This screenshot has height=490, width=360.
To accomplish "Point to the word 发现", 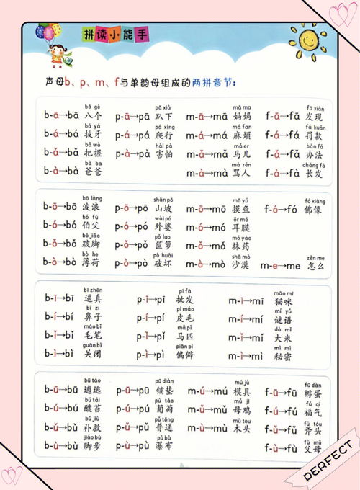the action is [x=314, y=116].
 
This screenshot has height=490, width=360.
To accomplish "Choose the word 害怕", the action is [x=164, y=153].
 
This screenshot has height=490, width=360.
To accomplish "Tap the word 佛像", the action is [x=315, y=210].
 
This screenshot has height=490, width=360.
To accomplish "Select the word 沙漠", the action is [x=243, y=266].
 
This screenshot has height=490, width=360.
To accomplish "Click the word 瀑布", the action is [x=164, y=446].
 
